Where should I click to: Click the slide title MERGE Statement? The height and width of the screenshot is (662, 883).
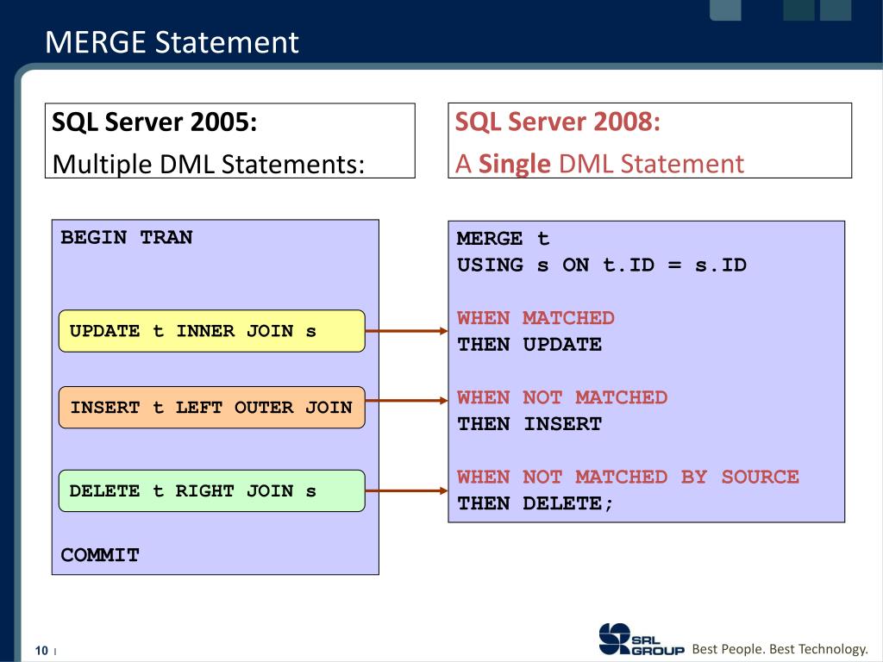pos(172,42)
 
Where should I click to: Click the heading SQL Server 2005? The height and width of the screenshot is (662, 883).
pos(154,122)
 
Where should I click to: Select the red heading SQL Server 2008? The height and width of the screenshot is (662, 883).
pos(557,122)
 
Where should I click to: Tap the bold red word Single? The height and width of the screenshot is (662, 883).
pos(514,163)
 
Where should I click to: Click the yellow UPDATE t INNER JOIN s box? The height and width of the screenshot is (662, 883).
pos(211,331)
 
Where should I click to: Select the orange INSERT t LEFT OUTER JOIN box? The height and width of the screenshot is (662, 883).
pos(211,408)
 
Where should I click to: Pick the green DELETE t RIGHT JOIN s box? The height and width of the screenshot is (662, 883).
pos(211,491)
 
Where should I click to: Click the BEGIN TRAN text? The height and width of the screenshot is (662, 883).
pos(127,238)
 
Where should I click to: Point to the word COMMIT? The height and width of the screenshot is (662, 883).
pos(100,556)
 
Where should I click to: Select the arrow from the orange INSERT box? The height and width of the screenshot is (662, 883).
pos(406,400)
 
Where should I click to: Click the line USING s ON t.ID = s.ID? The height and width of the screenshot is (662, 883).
pos(601,265)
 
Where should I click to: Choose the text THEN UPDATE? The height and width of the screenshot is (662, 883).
pos(529,345)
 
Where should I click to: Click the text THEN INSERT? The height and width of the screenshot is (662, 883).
pos(529,424)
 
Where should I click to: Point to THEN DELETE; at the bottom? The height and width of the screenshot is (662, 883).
pos(535,503)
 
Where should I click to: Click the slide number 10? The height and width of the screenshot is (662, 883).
pos(41,650)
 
